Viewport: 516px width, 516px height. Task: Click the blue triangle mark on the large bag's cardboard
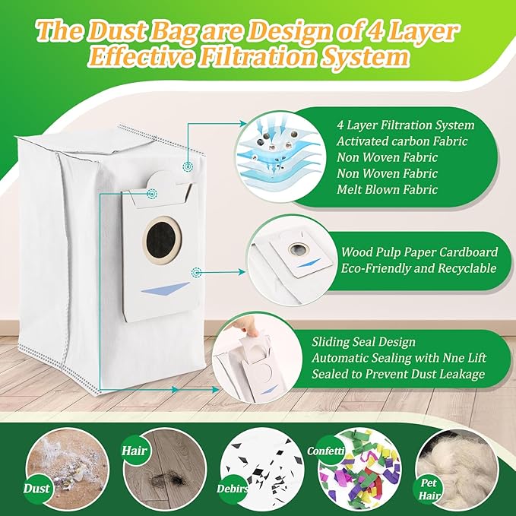click(x=166, y=288)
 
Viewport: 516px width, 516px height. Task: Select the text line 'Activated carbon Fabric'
click(x=402, y=141)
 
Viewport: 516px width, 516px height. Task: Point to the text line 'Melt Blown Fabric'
click(x=387, y=189)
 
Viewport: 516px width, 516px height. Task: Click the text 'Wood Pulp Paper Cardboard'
click(x=419, y=252)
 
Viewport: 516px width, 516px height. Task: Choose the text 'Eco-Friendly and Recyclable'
click(x=418, y=268)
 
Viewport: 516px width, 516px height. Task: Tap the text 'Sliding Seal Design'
click(x=364, y=342)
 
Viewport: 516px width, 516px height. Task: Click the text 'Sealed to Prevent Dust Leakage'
click(x=398, y=374)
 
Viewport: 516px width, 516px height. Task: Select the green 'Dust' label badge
click(x=36, y=489)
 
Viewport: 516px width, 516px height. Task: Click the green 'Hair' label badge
click(x=135, y=451)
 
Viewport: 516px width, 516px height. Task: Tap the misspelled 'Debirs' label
click(x=233, y=489)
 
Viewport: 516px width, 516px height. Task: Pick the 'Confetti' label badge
click(x=326, y=451)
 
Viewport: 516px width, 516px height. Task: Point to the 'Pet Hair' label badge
click(x=429, y=489)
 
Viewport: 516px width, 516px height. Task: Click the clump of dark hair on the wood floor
click(x=167, y=481)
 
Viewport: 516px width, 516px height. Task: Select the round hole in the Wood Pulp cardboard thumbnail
click(x=298, y=249)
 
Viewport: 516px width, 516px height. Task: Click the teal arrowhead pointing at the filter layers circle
click(x=243, y=123)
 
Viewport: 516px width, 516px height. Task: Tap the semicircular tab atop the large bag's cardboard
click(x=162, y=179)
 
